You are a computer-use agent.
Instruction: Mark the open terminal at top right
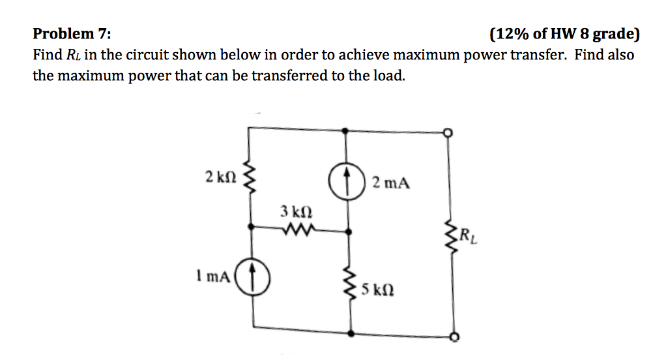448,133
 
